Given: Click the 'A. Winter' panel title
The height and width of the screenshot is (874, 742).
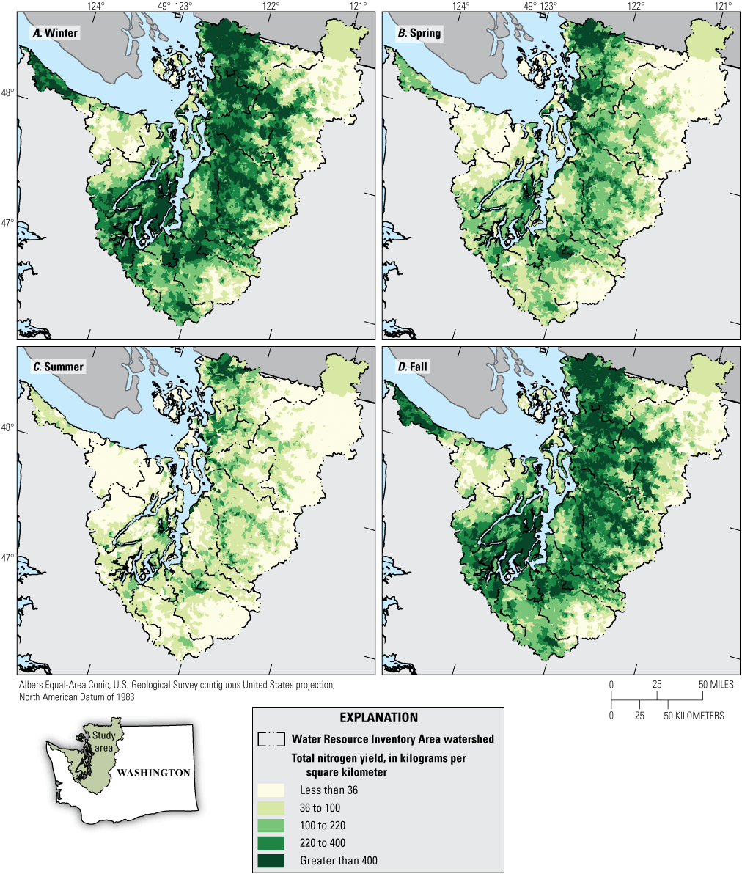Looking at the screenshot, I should click(x=54, y=33).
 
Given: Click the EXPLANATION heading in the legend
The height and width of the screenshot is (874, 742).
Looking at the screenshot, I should click(x=378, y=718).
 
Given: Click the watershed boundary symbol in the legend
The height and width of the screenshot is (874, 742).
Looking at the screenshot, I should click(x=271, y=739).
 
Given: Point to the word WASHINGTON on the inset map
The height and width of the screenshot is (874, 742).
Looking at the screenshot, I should click(x=153, y=773).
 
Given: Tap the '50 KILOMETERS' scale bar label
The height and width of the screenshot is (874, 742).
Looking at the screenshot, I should click(x=692, y=715).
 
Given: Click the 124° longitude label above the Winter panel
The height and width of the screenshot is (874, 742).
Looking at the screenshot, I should click(x=96, y=6).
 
